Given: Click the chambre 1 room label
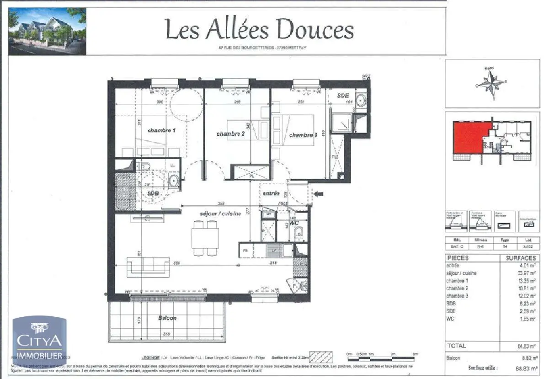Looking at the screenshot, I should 161,130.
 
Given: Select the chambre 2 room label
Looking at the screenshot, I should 230,133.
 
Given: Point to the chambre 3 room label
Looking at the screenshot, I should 303,135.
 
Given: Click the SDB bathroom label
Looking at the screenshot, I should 153,193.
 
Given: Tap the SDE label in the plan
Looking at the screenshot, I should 343,96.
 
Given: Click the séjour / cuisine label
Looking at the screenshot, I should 220,214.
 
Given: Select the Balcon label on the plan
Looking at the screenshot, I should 167,318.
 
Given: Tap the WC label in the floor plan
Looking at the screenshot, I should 294,223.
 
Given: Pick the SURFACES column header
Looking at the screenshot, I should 520,258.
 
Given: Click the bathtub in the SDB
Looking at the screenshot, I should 124,192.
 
